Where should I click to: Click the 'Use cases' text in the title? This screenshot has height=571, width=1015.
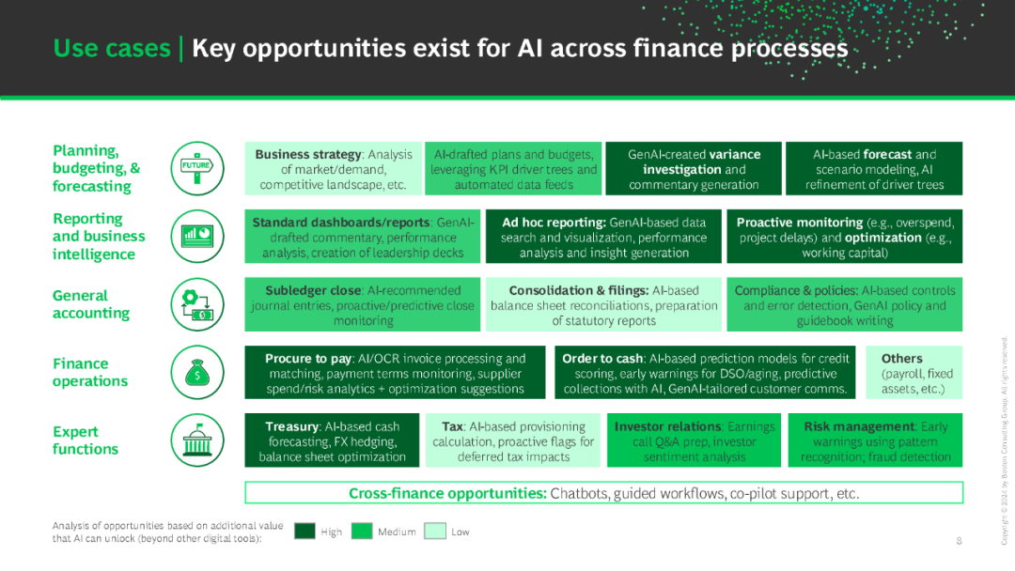tap(111, 49)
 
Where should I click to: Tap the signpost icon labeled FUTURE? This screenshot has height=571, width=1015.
tap(197, 169)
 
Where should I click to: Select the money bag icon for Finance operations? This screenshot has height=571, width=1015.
tap(197, 373)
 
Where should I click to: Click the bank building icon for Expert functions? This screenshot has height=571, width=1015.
tap(197, 440)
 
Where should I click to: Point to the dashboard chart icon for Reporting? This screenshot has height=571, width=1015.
tap(197, 237)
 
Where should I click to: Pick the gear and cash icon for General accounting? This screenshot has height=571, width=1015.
tap(197, 304)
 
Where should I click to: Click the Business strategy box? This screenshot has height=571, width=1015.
tap(334, 169)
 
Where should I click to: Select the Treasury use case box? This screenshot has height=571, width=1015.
tap(332, 440)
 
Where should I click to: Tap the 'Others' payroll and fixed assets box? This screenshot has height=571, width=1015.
tap(914, 373)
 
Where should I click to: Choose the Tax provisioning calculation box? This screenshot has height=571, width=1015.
tap(513, 440)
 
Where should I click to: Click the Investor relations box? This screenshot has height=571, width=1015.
tap(694, 440)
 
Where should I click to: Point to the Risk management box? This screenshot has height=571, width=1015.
tap(875, 440)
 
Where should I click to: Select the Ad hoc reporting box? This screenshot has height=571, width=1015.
tap(603, 237)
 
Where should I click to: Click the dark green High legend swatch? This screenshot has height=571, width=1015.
tap(304, 531)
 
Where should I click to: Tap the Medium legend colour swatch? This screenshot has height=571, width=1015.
tap(362, 531)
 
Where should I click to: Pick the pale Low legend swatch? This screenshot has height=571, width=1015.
tap(435, 531)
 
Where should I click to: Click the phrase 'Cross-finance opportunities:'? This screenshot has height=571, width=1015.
tap(448, 493)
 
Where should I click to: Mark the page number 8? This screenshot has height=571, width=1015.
tap(960, 541)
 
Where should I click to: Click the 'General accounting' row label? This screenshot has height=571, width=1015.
tap(91, 304)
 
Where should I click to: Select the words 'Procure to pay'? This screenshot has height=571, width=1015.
tap(308, 358)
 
